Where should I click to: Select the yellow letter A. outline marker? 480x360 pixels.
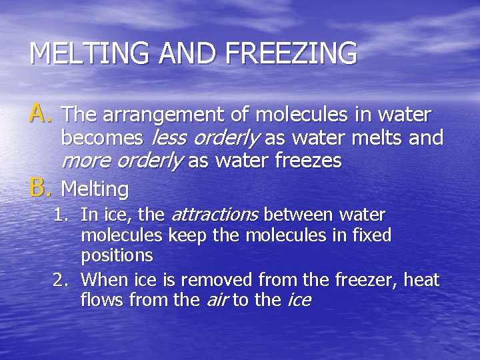click(x=41, y=115)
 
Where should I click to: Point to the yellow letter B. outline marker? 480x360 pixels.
click(x=41, y=189)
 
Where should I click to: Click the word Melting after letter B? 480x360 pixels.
click(x=95, y=190)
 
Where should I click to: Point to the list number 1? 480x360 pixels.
click(x=62, y=215)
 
